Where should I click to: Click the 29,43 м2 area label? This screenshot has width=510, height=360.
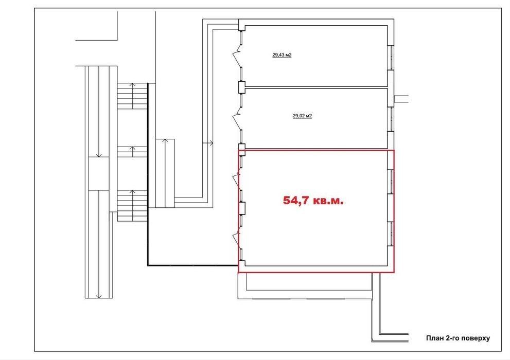point(282,55)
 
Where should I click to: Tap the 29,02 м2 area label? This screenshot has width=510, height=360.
point(302,115)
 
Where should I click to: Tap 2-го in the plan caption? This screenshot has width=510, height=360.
point(452,338)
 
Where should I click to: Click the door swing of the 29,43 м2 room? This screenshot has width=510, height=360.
point(237,54)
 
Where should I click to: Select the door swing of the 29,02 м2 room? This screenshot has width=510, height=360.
point(237,117)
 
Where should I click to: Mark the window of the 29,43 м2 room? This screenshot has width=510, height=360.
point(391,58)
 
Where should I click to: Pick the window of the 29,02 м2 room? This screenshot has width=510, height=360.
point(391,119)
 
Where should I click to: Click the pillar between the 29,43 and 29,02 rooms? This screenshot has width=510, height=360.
point(241,86)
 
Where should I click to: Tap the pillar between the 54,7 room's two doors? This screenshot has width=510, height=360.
point(242,208)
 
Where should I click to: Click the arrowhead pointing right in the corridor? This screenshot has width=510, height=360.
point(212,143)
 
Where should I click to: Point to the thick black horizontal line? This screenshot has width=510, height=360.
point(193,266)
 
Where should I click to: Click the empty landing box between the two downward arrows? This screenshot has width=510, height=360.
point(99,173)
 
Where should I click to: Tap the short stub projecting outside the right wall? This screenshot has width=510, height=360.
point(401,99)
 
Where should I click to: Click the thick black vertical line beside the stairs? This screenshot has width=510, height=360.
point(148,174)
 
